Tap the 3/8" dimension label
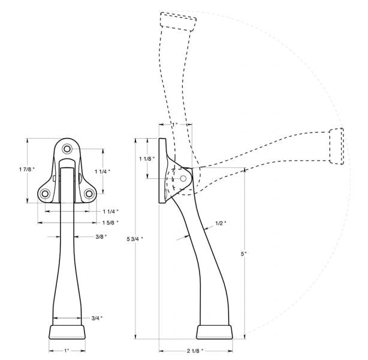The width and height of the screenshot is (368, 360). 101,236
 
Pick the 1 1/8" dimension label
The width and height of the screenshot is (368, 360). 147,158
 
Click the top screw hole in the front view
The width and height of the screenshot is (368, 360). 67,148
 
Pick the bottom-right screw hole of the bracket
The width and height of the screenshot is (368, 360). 88,193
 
